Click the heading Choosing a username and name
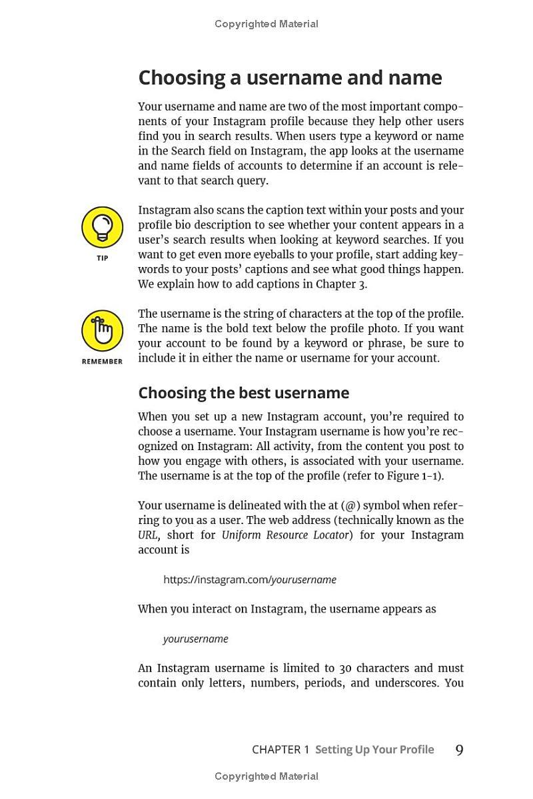(x=290, y=78)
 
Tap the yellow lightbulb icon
(x=102, y=227)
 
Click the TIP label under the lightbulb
(x=102, y=258)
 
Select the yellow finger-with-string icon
(x=102, y=330)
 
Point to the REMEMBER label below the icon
(x=102, y=362)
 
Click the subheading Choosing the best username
(x=243, y=393)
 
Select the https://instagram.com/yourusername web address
(x=250, y=580)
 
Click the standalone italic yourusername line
(x=195, y=639)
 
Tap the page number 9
(x=459, y=750)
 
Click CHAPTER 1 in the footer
(x=280, y=750)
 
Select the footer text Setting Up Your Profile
(x=374, y=750)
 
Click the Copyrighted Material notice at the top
(x=266, y=24)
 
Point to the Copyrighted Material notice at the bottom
(x=266, y=776)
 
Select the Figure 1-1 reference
(x=420, y=476)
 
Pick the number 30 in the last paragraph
(x=345, y=668)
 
